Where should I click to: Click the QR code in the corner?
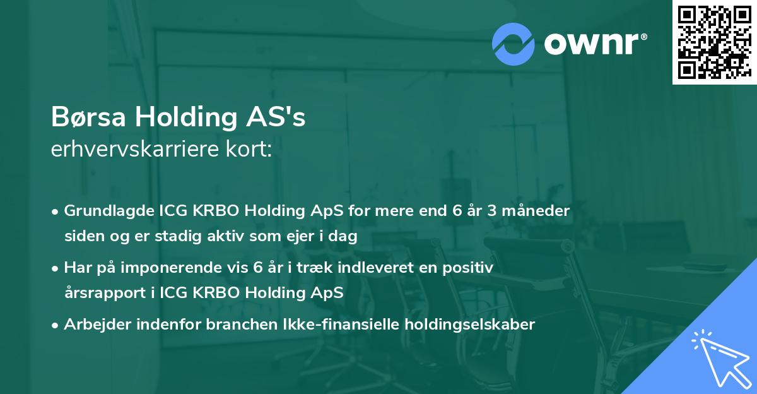714,42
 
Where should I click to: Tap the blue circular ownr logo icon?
513,44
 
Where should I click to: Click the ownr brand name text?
595,43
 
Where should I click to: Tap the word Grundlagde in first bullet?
102,211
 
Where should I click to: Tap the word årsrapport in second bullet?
101,294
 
